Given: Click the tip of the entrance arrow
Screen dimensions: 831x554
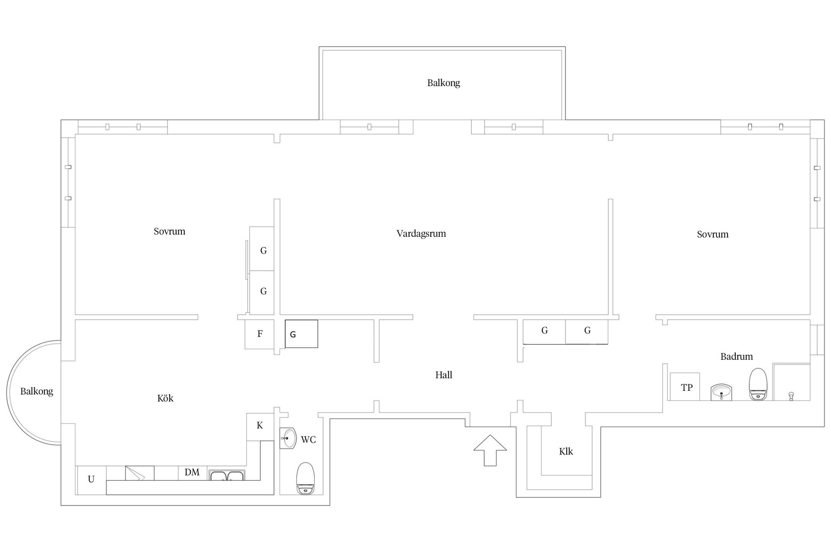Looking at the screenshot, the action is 490,435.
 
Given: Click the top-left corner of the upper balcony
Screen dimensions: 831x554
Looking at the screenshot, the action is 319,47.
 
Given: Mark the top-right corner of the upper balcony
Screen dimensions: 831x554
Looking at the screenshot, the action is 565,47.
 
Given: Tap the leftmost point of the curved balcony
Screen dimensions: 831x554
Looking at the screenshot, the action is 7,393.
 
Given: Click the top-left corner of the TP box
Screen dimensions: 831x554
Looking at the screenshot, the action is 670,373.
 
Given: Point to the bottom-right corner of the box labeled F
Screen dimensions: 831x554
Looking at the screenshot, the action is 274,348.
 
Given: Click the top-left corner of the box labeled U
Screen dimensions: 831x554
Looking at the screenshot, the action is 77,466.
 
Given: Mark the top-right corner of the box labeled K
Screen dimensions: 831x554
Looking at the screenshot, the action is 274,413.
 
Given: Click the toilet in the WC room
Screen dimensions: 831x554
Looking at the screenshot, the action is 305,478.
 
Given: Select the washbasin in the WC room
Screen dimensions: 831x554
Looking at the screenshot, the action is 288,438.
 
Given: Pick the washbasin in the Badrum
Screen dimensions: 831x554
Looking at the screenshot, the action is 721,392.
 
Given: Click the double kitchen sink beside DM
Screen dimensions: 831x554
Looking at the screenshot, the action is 227,475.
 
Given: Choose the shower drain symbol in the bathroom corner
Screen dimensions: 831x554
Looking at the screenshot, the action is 791,396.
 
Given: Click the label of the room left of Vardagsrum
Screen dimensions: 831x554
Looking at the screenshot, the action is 169,232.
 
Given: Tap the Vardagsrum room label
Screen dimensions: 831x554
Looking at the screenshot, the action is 421,234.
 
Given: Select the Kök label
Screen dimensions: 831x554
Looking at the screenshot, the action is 165,398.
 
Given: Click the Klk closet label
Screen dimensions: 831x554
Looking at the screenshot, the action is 566,451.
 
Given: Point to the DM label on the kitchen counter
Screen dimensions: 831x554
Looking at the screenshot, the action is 192,472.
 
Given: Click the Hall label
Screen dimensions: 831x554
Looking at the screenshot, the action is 444,375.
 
